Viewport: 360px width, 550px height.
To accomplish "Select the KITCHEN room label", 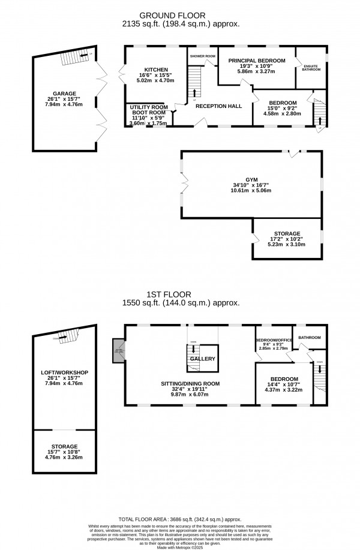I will tap(147, 70).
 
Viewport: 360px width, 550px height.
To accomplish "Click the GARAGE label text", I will tap(64, 94).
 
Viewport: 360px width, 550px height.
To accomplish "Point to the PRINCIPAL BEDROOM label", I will tap(256, 60).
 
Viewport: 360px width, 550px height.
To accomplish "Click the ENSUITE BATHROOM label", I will tap(311, 67).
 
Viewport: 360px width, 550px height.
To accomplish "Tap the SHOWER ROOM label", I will tap(202, 55).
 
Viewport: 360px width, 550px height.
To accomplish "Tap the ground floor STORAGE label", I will tap(286, 233).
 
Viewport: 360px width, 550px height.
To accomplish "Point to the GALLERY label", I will tap(202, 359).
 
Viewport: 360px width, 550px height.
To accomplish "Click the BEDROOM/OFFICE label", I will tap(274, 340).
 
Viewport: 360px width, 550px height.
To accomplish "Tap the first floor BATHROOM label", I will tap(310, 338).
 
